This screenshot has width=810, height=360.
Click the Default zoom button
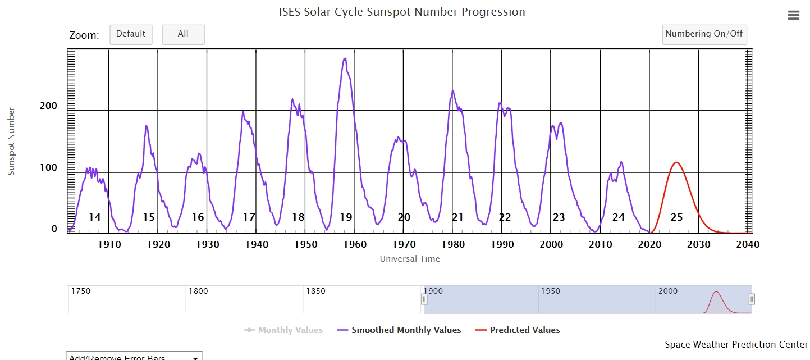[131, 34]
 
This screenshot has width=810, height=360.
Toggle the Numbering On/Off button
[704, 34]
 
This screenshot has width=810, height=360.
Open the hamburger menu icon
[793, 16]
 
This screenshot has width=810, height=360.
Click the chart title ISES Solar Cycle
[402, 12]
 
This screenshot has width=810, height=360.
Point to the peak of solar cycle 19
[345, 58]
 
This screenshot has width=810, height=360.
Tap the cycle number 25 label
[676, 217]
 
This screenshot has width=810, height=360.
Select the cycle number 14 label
[94, 217]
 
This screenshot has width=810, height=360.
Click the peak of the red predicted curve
[676, 162]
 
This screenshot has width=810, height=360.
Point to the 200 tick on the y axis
[48, 106]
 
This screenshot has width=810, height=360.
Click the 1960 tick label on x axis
[355, 244]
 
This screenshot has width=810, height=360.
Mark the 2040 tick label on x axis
[748, 244]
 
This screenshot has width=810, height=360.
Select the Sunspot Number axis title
[11, 142]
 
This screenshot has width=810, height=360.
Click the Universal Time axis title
[410, 259]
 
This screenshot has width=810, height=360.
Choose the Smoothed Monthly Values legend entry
[406, 330]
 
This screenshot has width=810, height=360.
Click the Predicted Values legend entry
[524, 330]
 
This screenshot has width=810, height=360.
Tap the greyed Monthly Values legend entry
[290, 330]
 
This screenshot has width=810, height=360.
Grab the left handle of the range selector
[424, 299]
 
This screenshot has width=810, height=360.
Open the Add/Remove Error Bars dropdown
[134, 356]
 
